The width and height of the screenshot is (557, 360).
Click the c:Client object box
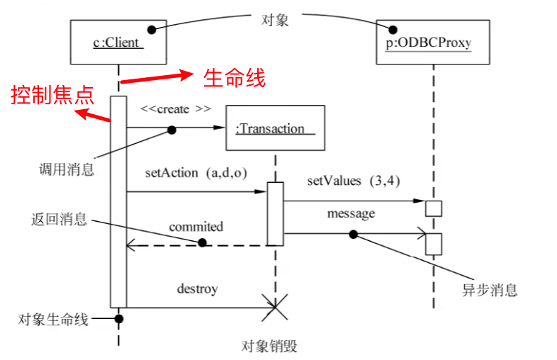(118, 43)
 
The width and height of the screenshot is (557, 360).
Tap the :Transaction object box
(274, 128)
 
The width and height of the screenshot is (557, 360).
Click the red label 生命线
(235, 78)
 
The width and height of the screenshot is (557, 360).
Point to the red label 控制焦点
(52, 96)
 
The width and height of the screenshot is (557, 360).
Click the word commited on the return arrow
(196, 227)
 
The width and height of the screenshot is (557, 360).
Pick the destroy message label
(197, 289)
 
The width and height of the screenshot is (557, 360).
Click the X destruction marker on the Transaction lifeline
(275, 307)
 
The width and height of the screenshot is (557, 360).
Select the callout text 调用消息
(67, 170)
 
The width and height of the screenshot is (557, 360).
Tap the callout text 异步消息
(489, 290)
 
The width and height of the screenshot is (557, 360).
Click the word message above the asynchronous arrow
(351, 213)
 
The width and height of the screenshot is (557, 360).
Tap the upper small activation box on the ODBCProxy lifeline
(433, 208)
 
